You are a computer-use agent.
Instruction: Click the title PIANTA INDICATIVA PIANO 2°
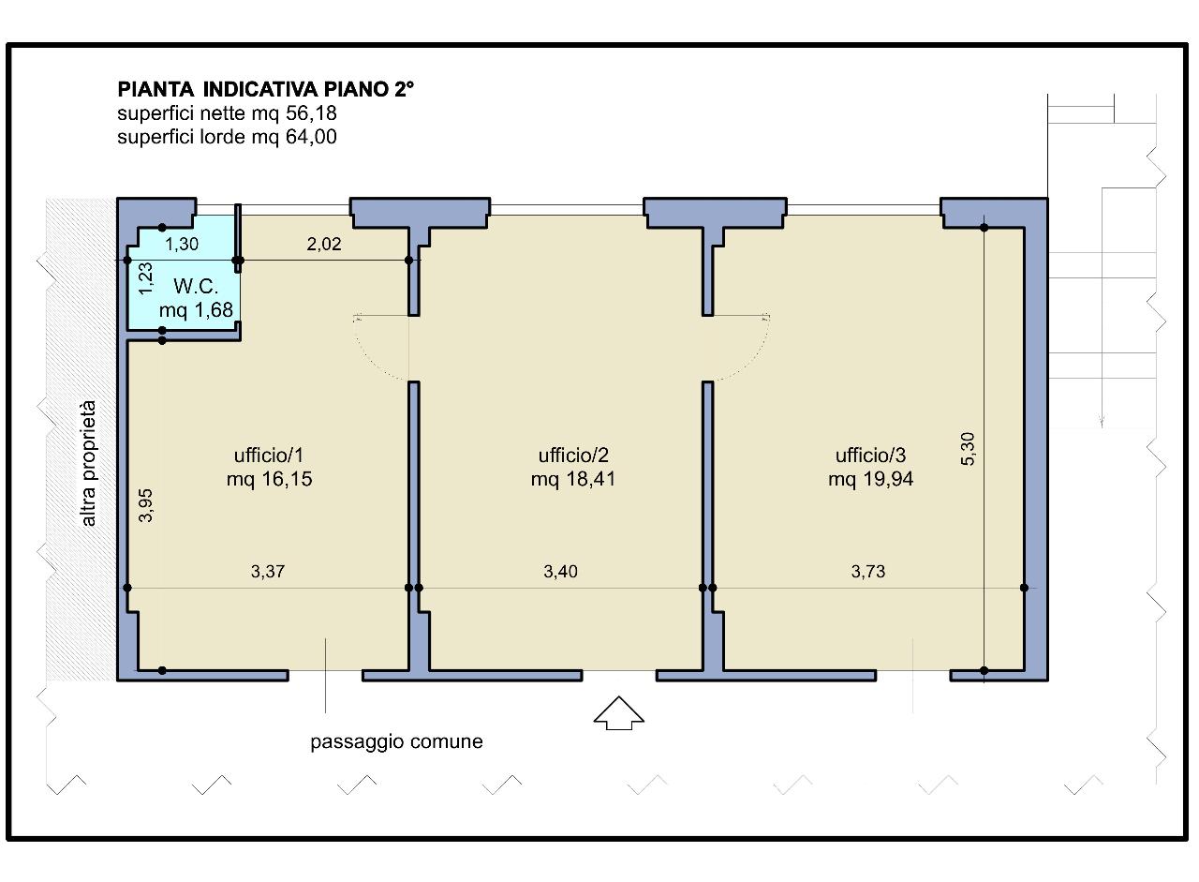(265, 89)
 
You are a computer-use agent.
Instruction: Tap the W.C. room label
(196, 287)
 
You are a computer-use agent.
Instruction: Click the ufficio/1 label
(269, 456)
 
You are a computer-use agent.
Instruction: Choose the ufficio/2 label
(573, 456)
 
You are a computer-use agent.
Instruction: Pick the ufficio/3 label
(870, 456)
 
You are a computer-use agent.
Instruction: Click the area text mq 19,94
(870, 479)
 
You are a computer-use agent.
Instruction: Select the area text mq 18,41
(573, 479)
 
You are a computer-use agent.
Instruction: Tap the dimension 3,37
(268, 572)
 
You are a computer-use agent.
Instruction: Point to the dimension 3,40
(560, 572)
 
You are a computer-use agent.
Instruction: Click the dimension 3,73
(868, 572)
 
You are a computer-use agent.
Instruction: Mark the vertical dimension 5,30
(969, 449)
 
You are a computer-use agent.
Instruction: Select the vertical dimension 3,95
(145, 505)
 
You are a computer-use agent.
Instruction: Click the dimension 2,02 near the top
(324, 245)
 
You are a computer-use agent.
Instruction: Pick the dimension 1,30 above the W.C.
(182, 245)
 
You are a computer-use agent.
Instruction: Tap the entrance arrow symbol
(619, 712)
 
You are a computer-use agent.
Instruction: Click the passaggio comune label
(396, 741)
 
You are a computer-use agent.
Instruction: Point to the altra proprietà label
(88, 463)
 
